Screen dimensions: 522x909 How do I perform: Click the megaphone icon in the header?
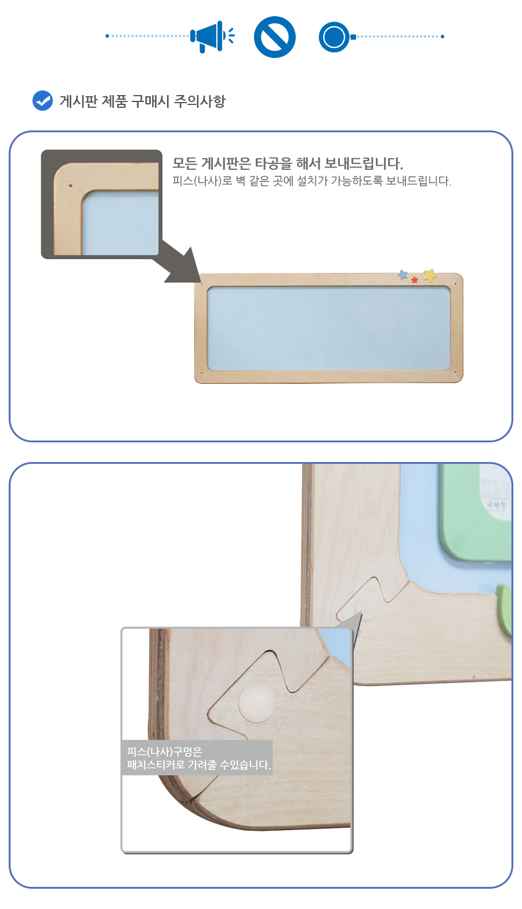click(x=212, y=37)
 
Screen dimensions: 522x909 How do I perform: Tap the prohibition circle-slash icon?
click(x=275, y=37)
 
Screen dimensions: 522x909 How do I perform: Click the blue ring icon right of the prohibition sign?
click(x=333, y=37)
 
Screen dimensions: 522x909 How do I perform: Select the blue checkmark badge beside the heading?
click(x=42, y=100)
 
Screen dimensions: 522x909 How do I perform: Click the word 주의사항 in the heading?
click(x=200, y=101)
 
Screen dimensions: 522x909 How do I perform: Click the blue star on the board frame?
click(x=403, y=275)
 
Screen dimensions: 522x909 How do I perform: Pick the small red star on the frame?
click(x=415, y=280)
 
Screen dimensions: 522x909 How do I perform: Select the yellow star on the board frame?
click(x=430, y=275)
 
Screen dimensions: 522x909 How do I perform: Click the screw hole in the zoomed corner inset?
click(x=70, y=186)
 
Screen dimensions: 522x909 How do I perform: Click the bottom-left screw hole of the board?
click(x=202, y=372)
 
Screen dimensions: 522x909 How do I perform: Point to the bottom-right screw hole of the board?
click(x=456, y=372)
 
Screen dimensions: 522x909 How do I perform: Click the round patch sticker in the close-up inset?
click(x=257, y=703)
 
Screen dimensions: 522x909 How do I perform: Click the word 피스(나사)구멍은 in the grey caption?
click(x=164, y=751)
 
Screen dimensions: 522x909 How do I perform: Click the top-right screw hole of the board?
click(x=456, y=283)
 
